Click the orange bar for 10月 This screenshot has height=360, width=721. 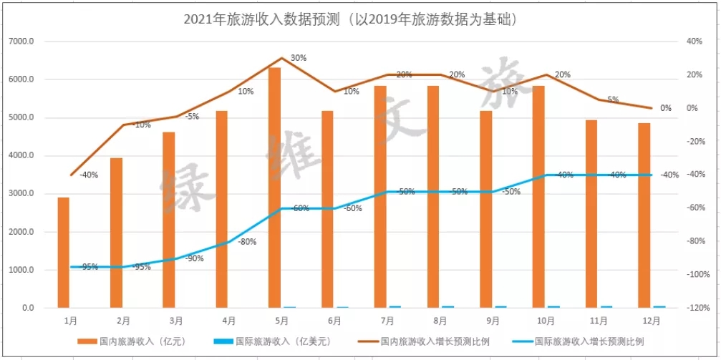(x=538, y=197)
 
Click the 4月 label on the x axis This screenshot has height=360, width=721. (x=229, y=320)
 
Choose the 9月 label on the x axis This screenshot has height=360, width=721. (x=493, y=320)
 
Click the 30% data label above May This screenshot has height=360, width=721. (x=299, y=58)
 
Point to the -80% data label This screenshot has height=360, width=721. (x=247, y=242)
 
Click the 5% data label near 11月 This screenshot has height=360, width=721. (x=613, y=100)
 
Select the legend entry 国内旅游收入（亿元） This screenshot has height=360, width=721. (x=139, y=341)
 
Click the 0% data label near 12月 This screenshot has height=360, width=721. (x=666, y=109)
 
